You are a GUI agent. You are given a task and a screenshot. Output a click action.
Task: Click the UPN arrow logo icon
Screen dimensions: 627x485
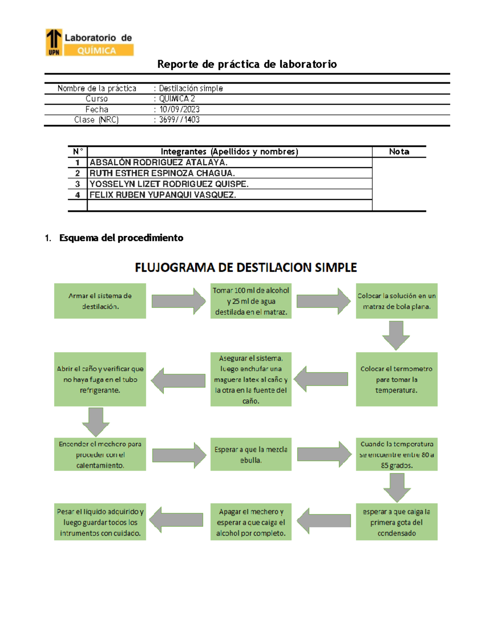54,42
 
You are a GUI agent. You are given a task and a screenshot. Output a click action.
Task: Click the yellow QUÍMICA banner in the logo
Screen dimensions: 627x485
99,50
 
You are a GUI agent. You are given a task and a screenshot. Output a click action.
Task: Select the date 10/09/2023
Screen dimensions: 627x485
179,109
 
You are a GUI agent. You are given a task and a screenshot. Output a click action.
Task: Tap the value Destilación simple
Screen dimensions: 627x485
190,88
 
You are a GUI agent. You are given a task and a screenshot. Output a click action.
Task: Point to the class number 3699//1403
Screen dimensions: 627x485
179,120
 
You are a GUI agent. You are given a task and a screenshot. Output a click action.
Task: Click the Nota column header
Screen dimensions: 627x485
399,152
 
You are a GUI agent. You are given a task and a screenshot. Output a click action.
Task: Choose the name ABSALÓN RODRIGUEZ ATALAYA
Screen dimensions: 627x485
158,162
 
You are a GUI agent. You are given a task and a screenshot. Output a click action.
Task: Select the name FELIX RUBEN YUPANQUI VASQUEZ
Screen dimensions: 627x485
162,195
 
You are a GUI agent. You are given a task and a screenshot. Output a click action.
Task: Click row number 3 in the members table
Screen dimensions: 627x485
78,184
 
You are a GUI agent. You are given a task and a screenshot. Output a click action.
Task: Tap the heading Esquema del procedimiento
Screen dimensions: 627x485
121,238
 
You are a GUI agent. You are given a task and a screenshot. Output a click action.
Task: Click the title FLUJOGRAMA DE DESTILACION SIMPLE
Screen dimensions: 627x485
246,268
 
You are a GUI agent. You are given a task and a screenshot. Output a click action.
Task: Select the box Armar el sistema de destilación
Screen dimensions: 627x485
100,301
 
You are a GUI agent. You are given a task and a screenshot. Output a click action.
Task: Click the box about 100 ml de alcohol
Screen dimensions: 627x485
251,301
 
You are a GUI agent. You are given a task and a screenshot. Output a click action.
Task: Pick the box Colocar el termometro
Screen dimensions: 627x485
396,380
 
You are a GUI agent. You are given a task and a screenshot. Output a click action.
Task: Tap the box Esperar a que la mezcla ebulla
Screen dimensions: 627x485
251,455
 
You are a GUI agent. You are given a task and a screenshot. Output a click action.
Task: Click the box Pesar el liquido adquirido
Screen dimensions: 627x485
100,522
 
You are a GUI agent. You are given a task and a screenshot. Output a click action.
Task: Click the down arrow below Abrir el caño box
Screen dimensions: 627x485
96,421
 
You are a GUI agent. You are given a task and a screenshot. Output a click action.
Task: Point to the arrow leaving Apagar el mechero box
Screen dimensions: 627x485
176,520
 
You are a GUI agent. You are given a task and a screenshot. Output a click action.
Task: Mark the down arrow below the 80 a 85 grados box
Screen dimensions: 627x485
397,487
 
